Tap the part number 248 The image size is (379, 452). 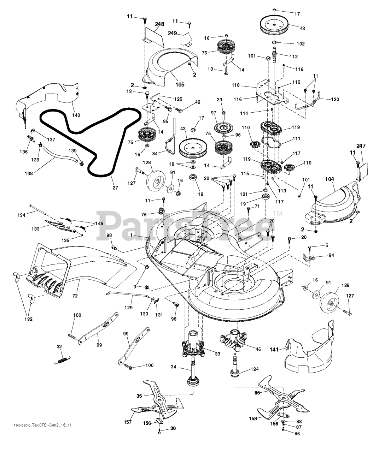(x=159, y=24)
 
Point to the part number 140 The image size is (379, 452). (x=76, y=115)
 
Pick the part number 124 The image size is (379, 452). (x=254, y=369)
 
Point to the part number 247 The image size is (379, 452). (x=361, y=146)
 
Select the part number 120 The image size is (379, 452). (x=334, y=100)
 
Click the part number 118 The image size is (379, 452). (x=246, y=85)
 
